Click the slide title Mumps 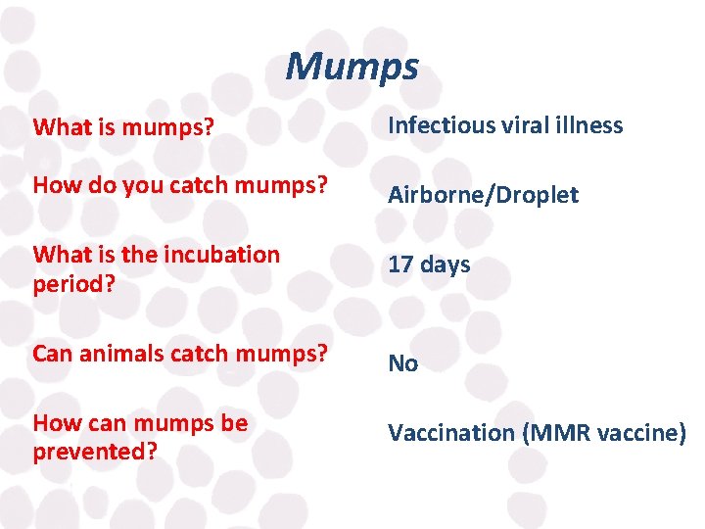(352, 68)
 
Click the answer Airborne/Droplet (483, 195)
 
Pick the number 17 (400, 264)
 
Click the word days (445, 264)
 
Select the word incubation (223, 255)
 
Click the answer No (402, 364)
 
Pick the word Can (51, 354)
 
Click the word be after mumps (235, 423)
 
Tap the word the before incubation (139, 255)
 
